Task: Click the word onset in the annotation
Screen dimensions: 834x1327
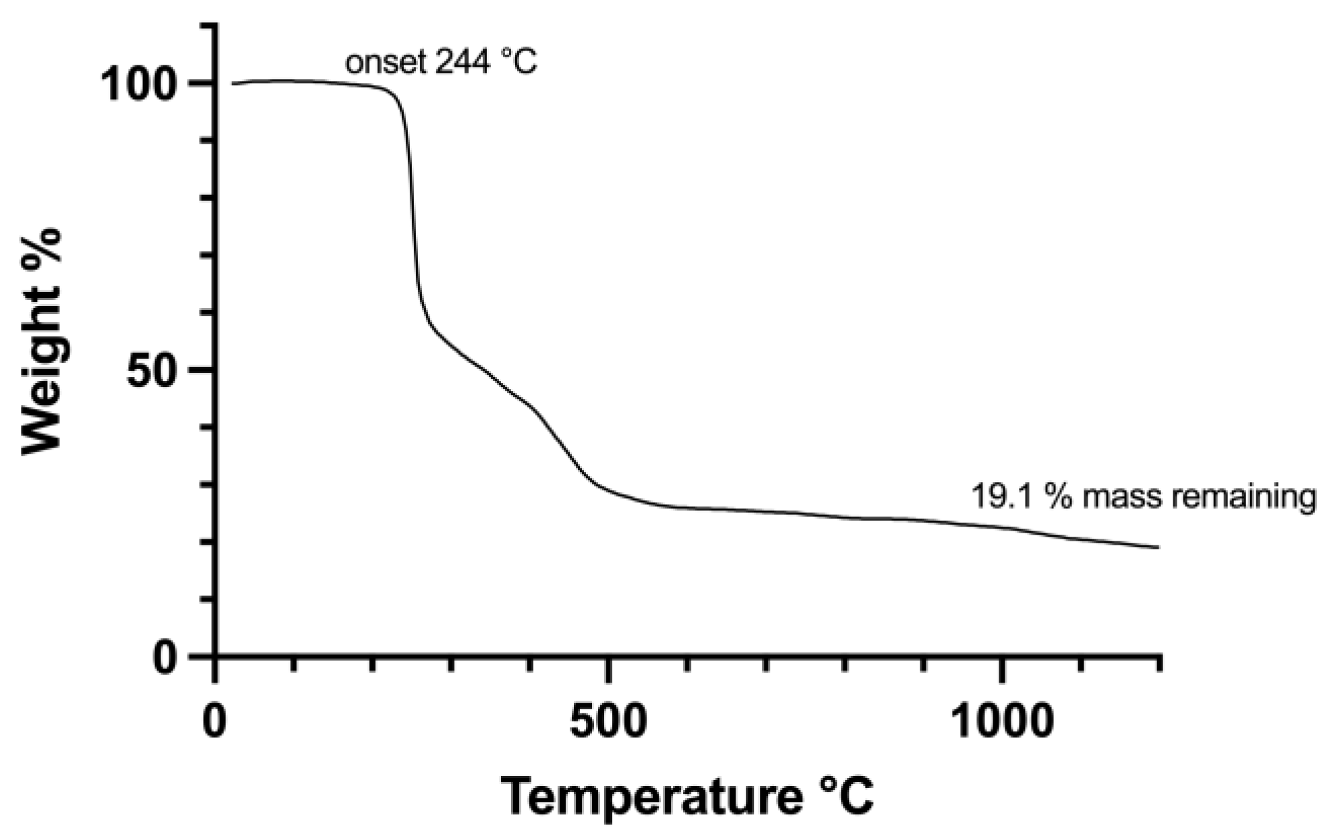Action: (386, 63)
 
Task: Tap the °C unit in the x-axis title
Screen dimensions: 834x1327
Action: (847, 796)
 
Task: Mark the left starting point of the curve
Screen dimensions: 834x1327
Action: (233, 84)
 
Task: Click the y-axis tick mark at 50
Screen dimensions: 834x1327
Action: (202, 369)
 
